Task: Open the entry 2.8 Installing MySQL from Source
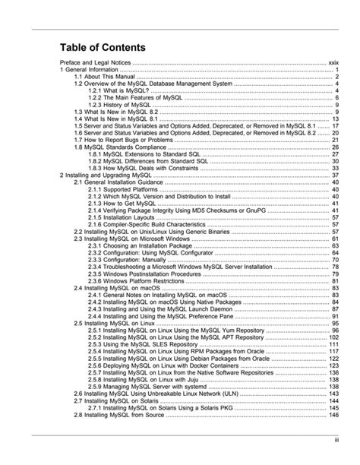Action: coord(120,415)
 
